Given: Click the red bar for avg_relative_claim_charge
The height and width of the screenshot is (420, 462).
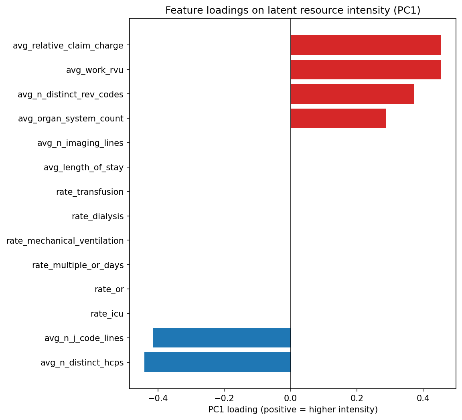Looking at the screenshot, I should [366, 45].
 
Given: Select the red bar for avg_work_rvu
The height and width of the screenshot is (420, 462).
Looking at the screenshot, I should [365, 70].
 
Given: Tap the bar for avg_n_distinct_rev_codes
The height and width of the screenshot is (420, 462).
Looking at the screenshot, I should [352, 94].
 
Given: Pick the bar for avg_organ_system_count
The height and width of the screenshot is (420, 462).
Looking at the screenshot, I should [338, 118].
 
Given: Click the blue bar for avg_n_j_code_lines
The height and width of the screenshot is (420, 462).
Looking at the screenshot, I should [222, 338].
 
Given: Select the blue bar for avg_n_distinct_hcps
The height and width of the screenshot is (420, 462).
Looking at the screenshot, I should [217, 362].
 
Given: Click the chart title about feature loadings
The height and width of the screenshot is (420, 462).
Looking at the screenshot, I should [293, 11].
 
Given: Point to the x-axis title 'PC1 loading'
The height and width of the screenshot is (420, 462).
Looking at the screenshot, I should [293, 410].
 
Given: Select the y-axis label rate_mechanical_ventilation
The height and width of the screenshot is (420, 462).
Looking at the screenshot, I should [65, 241].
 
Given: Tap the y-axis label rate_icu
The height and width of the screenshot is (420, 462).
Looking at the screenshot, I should [107, 314].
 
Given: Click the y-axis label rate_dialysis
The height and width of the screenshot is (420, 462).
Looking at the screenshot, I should [97, 216].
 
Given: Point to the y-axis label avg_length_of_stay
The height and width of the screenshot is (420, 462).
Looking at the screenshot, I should [83, 168].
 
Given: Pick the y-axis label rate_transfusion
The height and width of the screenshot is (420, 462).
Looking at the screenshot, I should [90, 192].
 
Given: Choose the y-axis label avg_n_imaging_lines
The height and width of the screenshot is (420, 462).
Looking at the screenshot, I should [80, 143].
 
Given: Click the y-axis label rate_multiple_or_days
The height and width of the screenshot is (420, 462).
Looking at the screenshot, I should [78, 265].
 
